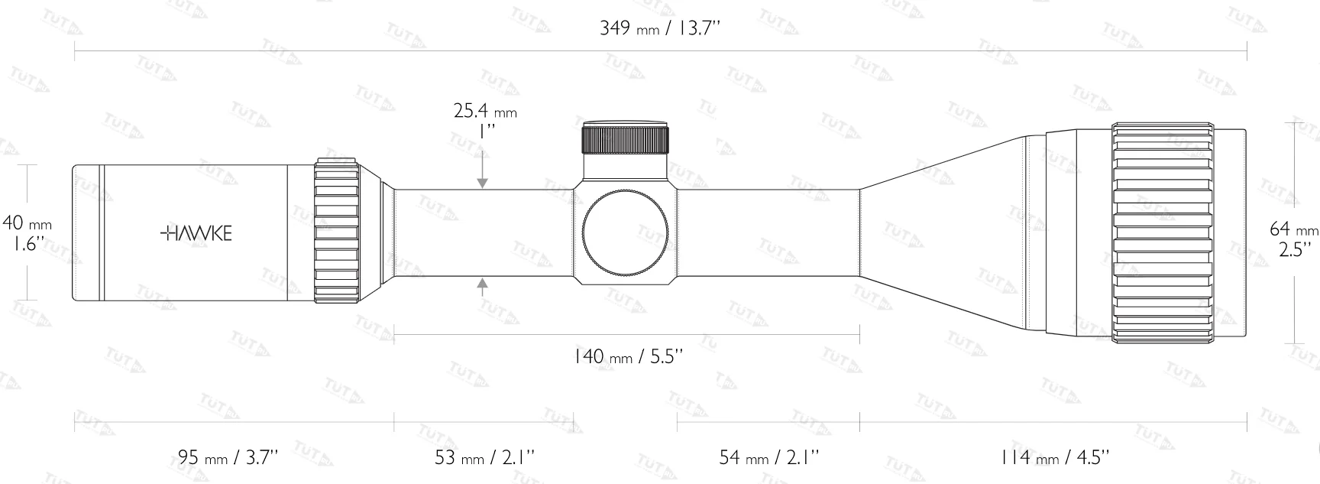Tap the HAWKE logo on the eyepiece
196,234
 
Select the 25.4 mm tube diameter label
485,112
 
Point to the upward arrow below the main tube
482,286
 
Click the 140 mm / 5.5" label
626,356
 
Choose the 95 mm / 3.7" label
228,457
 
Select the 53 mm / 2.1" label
484,457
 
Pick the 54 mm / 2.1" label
768,457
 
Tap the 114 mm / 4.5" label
1053,457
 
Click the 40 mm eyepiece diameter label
27,223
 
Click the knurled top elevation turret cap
626,138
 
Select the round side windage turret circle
626,232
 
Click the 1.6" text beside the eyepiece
28,245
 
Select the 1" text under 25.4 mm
485,131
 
